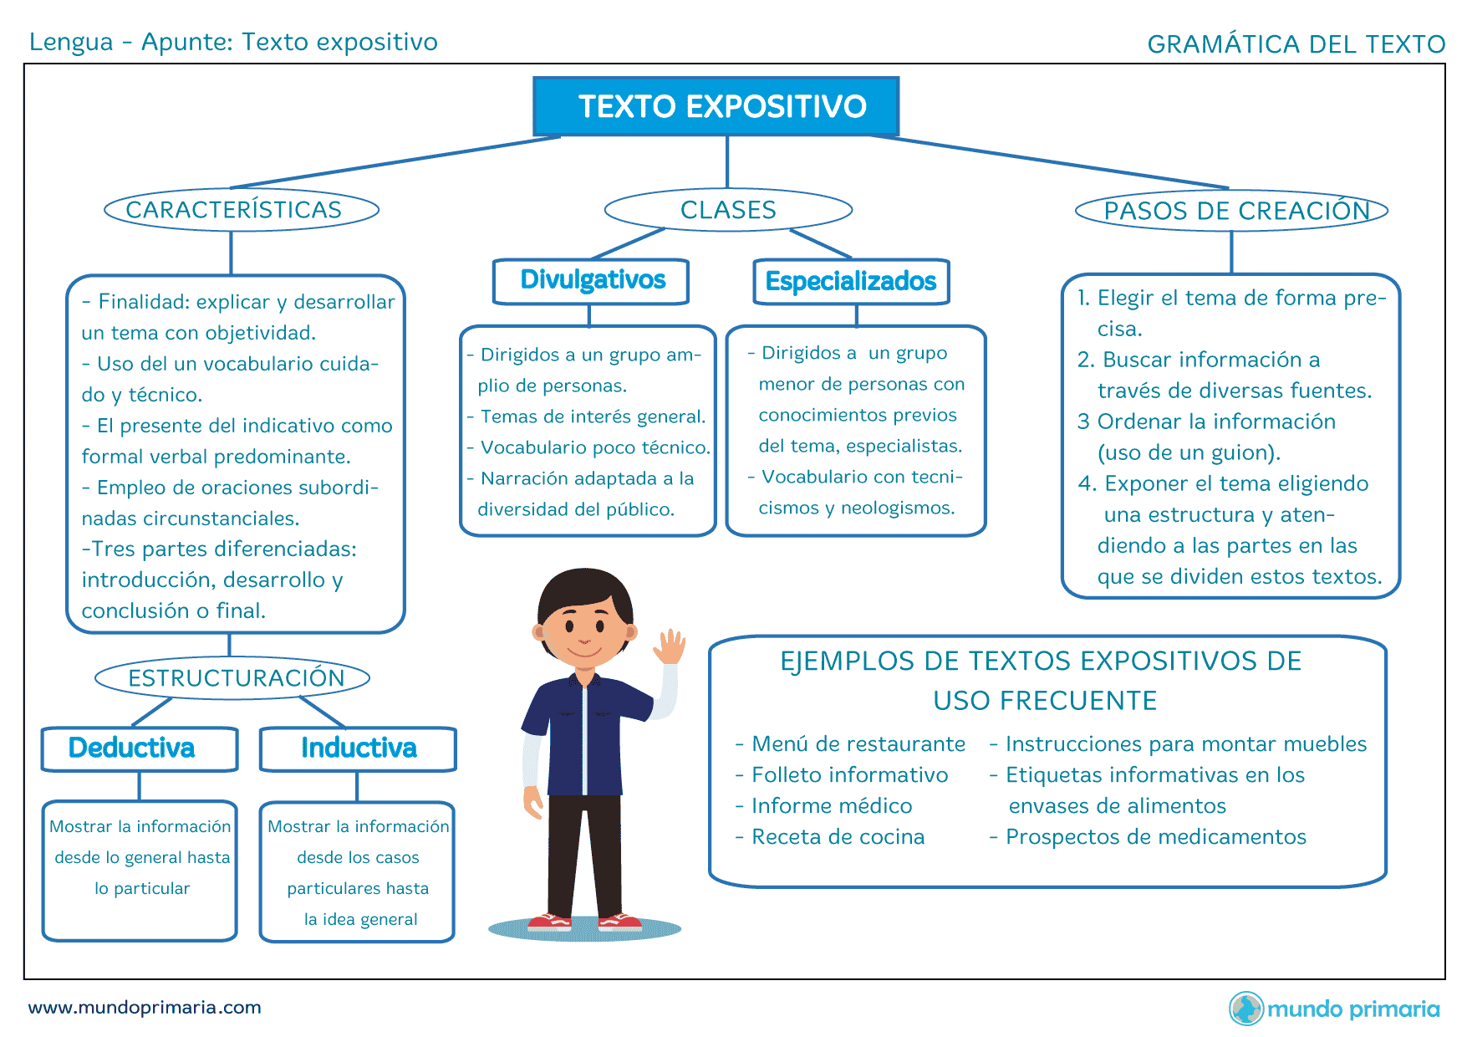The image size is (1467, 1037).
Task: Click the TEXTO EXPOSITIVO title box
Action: pos(716,106)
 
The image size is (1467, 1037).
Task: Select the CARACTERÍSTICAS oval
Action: pos(242,209)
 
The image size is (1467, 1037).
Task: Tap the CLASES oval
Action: pos(728,209)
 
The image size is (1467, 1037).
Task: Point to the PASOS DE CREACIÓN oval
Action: pos(1231,211)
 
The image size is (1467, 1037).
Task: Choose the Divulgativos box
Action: pos(591,282)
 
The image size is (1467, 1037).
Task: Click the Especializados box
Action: pos(852,282)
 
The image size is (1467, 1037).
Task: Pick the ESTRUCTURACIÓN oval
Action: pos(232,677)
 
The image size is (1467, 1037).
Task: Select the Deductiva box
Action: pos(140,748)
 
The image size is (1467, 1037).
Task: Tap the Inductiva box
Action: pos(358,748)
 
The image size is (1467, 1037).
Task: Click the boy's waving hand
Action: pos(670,646)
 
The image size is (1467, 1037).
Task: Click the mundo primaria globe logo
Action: pos(1246,1008)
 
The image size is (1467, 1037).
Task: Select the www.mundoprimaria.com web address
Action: pos(145,1007)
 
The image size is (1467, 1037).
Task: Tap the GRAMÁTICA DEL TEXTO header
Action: pos(1296,43)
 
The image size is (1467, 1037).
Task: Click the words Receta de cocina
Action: pos(838,836)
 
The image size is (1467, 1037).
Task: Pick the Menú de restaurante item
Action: pos(858,743)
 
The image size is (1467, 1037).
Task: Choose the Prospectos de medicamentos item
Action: pos(1156,836)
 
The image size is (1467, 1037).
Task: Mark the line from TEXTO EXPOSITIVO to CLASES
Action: pos(727,162)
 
